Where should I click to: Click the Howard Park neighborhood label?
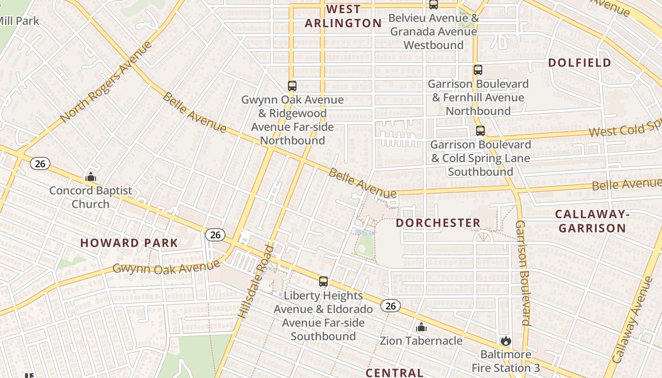[x=129, y=243]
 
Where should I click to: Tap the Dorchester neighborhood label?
[x=438, y=223]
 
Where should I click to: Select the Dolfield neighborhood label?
[x=579, y=62]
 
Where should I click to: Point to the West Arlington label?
[x=343, y=16]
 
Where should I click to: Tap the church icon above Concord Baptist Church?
[x=90, y=177]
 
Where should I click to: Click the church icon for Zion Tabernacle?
[x=421, y=327]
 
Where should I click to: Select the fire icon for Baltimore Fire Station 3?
[x=505, y=341]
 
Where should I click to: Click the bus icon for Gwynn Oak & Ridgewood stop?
[x=292, y=86]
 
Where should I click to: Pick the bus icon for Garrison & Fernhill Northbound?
[x=478, y=70]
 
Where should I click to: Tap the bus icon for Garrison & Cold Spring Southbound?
[x=480, y=131]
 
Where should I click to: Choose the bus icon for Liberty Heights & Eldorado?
[x=323, y=282]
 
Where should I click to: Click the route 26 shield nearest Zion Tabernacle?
[x=390, y=306]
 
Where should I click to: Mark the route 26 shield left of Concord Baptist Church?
[x=40, y=163]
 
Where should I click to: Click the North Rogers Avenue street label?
[x=106, y=82]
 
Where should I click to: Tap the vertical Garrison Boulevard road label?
[x=523, y=273]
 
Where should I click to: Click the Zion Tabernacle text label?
[x=421, y=341]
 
